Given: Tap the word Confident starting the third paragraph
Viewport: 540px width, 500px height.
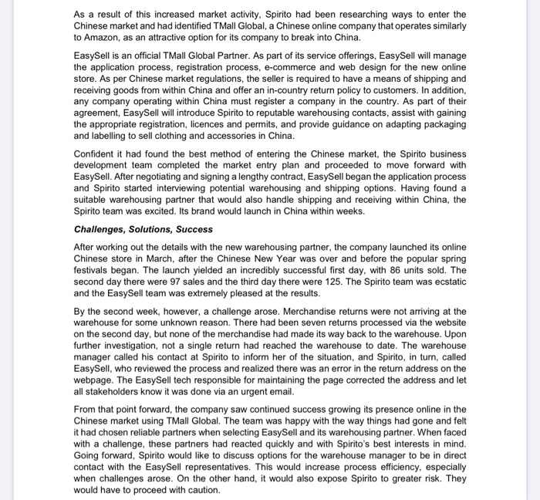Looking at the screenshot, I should coord(98,154).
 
